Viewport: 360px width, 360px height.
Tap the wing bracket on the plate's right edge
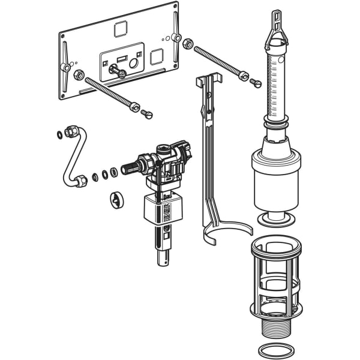175,37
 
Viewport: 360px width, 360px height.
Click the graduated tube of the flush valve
275,84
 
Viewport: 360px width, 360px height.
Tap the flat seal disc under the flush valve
275,218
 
